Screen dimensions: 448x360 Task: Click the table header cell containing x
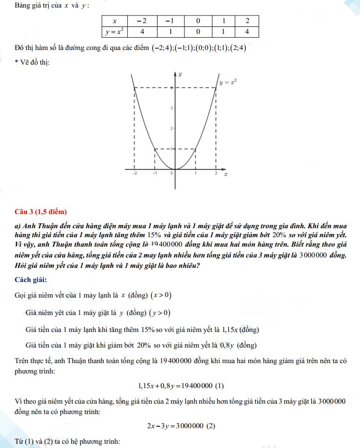[115, 21]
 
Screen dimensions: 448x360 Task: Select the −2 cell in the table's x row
[141, 21]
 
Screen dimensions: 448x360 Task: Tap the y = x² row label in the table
[115, 32]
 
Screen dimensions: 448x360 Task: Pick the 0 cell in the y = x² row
[198, 32]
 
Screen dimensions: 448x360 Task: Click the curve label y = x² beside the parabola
[227, 82]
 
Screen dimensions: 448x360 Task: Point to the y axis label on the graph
[181, 75]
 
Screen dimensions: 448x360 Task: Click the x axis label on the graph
[226, 174]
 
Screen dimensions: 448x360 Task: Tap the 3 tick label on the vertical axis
[172, 108]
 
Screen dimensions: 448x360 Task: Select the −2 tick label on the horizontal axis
[134, 174]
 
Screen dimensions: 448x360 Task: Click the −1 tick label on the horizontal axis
[154, 174]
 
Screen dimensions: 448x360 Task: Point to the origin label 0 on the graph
[172, 174]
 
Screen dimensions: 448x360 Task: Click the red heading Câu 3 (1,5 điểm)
[41, 211]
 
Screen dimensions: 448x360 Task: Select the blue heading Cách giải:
[31, 280]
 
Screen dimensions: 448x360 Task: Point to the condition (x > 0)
[161, 296]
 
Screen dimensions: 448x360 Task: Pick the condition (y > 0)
[160, 313]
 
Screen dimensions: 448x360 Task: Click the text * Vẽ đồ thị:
[33, 62]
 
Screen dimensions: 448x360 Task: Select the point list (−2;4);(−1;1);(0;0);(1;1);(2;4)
[199, 48]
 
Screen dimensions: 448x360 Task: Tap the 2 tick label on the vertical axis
[172, 129]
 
